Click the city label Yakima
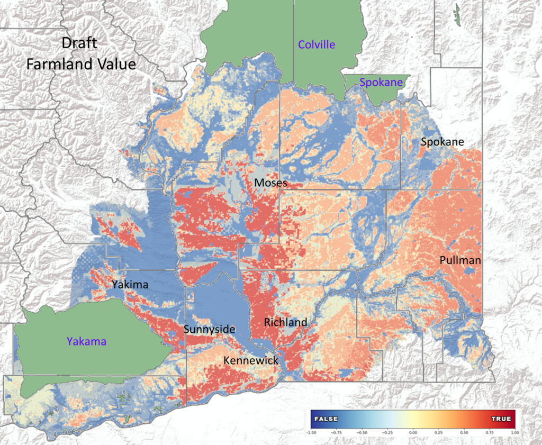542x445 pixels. click(x=130, y=285)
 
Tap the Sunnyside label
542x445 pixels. click(x=209, y=330)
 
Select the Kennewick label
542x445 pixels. click(x=251, y=360)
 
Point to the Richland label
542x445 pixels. click(x=285, y=322)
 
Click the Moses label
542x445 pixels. click(x=270, y=183)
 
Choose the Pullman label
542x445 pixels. click(x=460, y=260)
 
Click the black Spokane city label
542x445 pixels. click(x=442, y=142)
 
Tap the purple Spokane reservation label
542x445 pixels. click(x=381, y=82)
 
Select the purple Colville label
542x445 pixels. click(x=317, y=44)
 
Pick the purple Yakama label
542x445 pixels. click(x=86, y=341)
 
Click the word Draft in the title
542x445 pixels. click(x=79, y=43)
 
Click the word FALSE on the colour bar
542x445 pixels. click(x=327, y=419)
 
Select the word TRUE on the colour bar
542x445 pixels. click(x=501, y=419)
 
